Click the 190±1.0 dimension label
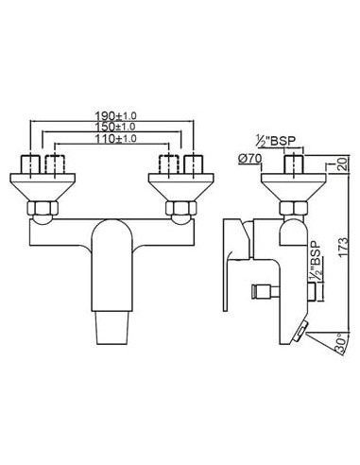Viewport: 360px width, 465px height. click(115, 116)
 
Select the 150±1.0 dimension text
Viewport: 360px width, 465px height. click(115, 127)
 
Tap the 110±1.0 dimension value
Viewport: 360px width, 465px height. click(115, 138)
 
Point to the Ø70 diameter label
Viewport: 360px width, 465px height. click(249, 159)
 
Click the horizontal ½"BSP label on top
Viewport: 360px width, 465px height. click(276, 142)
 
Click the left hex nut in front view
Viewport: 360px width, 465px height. click(43, 208)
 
